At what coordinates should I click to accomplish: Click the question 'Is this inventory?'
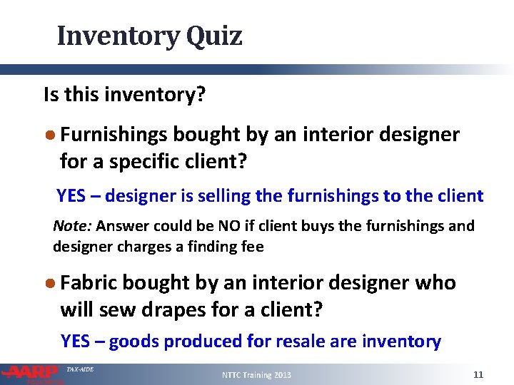(x=124, y=94)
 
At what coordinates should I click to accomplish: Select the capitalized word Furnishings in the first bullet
(x=114, y=135)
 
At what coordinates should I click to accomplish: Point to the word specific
(x=151, y=162)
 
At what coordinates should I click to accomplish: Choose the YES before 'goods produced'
(x=76, y=342)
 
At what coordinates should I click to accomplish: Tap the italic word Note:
(x=72, y=227)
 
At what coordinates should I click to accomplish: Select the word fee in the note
(x=251, y=247)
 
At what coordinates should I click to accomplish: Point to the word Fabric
(x=89, y=283)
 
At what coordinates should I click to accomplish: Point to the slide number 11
(x=478, y=374)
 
